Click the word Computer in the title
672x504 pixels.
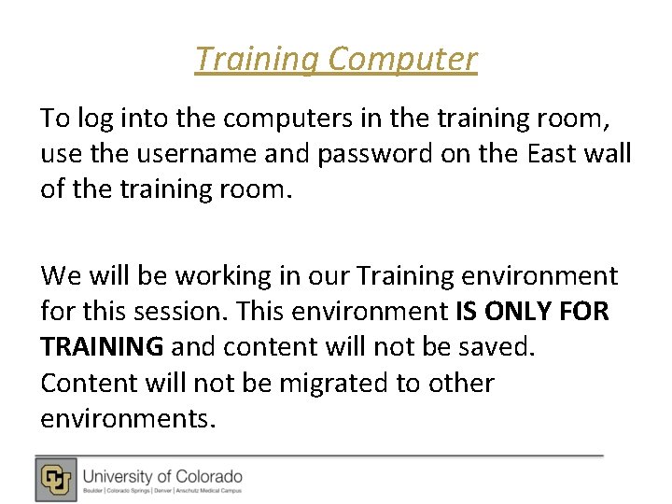click(403, 60)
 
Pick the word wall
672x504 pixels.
click(608, 153)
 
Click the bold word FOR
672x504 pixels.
click(586, 312)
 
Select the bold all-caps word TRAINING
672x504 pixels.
click(102, 347)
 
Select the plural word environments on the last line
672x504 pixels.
click(127, 418)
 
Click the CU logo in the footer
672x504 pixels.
click(57, 479)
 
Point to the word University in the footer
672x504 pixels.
click(118, 476)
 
